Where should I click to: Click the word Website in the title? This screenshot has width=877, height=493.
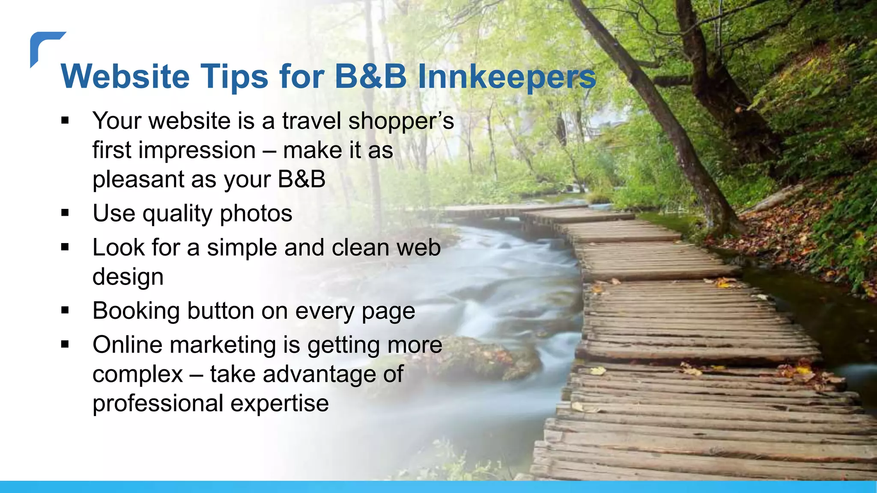[125, 77]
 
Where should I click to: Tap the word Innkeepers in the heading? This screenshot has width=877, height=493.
[507, 77]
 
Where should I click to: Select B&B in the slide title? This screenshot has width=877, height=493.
[370, 77]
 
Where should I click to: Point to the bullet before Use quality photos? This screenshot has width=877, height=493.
[65, 213]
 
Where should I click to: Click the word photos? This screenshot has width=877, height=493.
[256, 214]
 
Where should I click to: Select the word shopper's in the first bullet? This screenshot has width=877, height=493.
[401, 121]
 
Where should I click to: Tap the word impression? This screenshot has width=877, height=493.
[197, 151]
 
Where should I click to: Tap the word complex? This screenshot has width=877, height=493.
[137, 374]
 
